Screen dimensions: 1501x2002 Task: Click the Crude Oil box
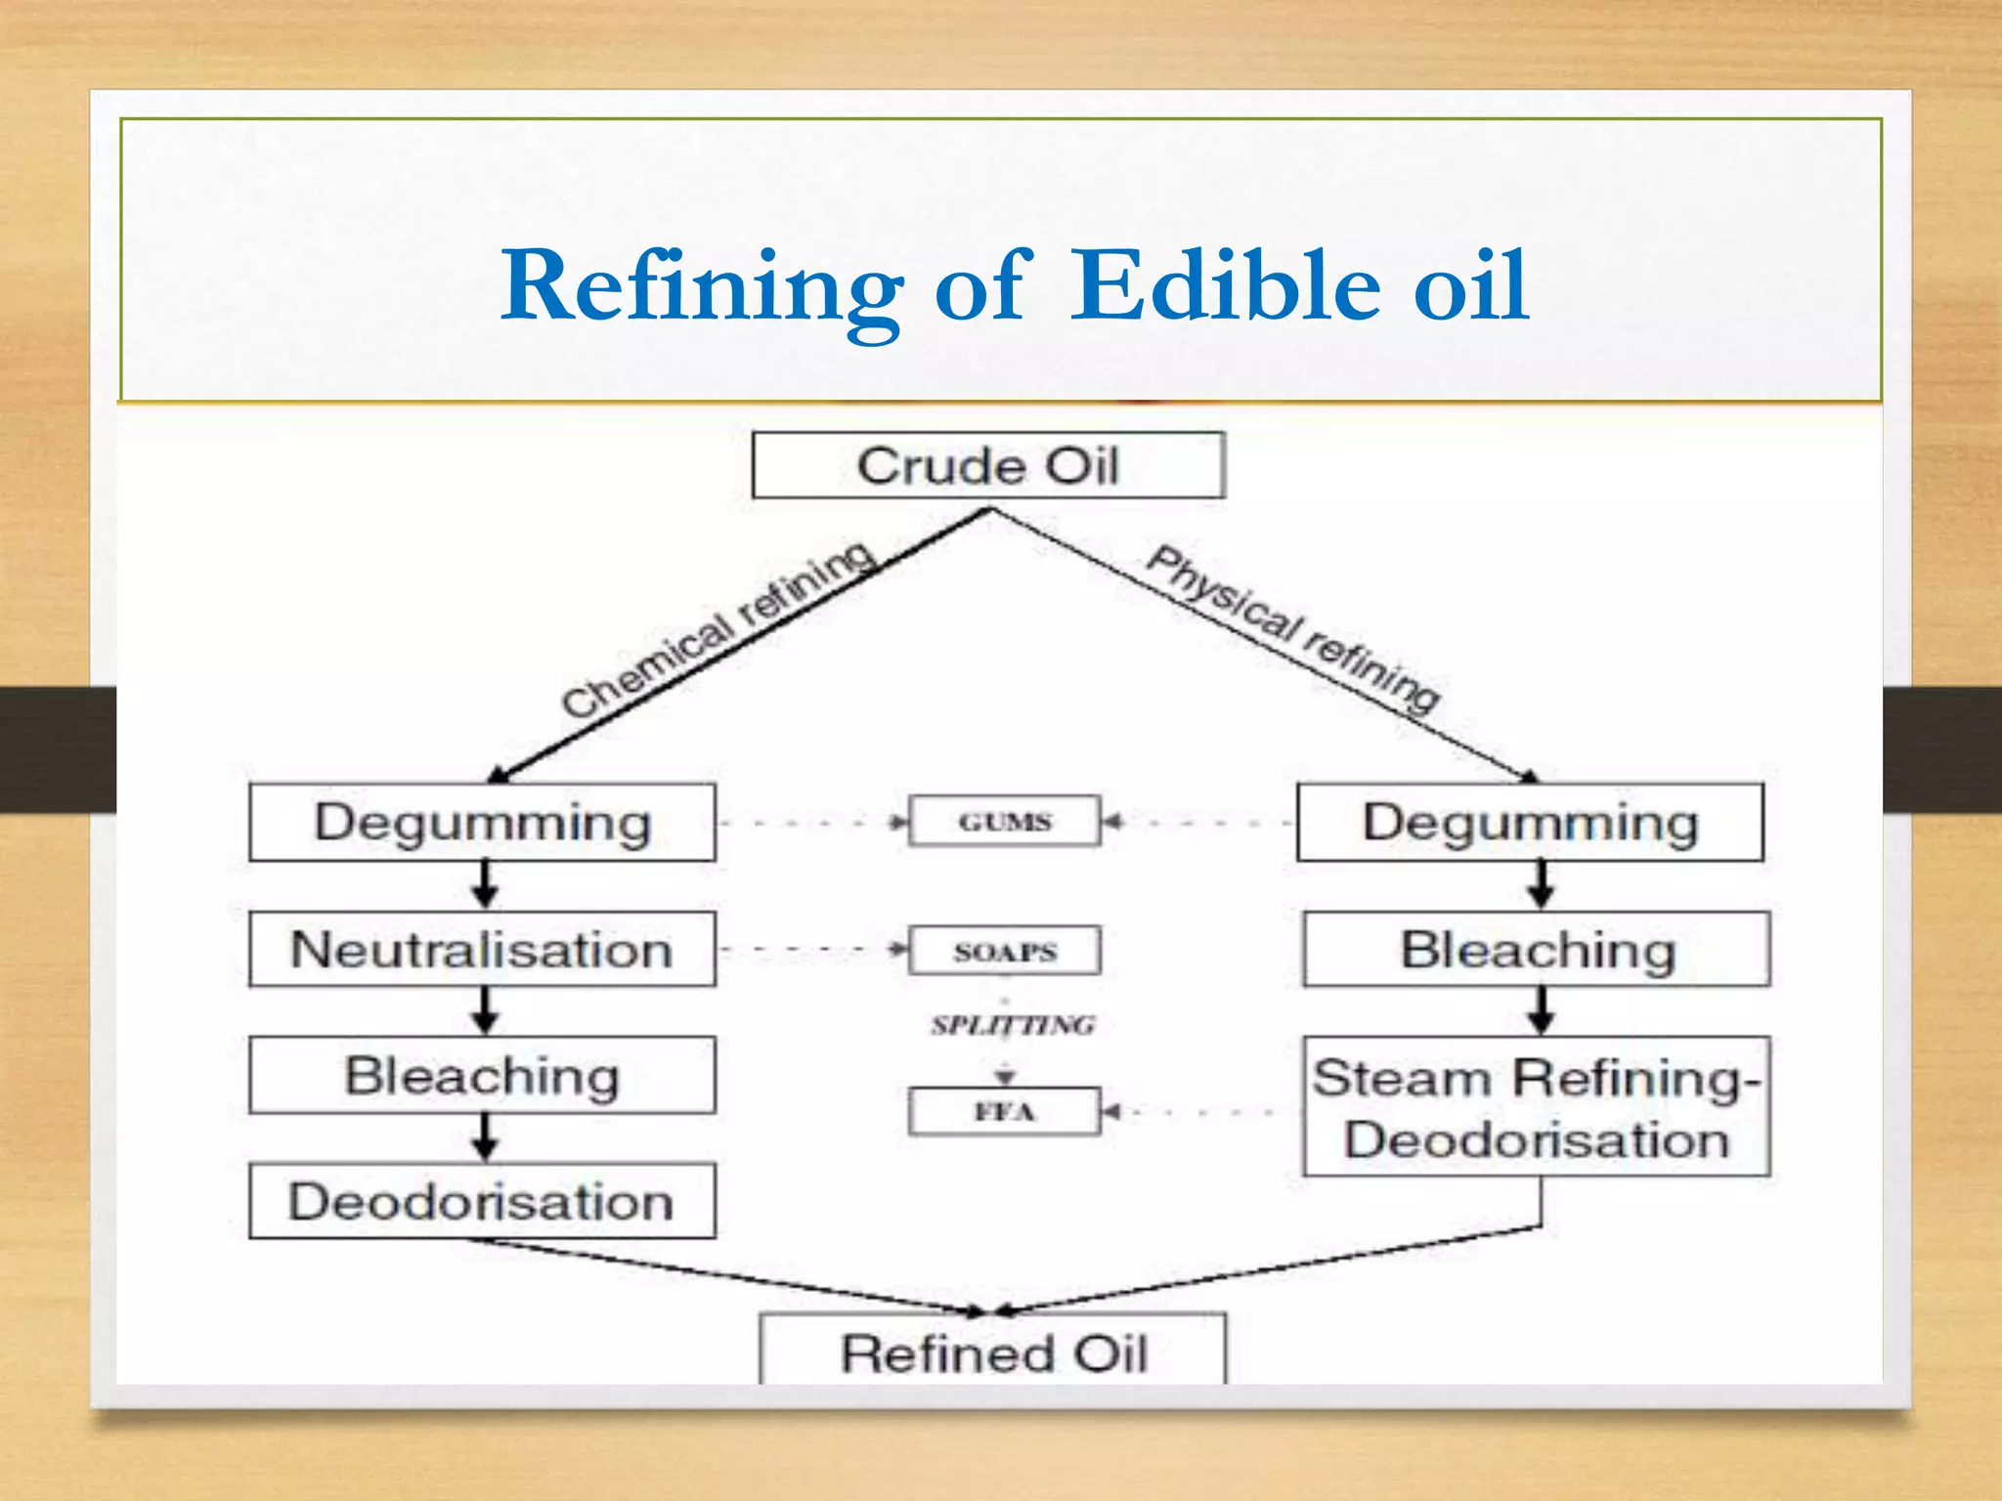(987, 466)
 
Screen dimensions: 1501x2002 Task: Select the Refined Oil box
(992, 1351)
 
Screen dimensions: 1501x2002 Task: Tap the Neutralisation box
(482, 950)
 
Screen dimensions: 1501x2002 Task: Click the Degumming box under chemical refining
(482, 822)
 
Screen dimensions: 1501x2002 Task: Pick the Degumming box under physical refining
(1530, 822)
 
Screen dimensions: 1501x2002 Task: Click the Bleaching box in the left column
(482, 1075)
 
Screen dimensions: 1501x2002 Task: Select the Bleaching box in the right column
(1537, 950)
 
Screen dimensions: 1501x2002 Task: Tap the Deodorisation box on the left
(482, 1201)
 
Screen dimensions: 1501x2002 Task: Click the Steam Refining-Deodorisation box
(1537, 1107)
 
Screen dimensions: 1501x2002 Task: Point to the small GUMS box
(1004, 822)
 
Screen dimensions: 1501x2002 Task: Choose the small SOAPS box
(1004, 951)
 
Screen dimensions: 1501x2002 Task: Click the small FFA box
(1004, 1111)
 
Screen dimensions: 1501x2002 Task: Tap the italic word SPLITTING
(1013, 1025)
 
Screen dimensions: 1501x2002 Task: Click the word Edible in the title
(1226, 285)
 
